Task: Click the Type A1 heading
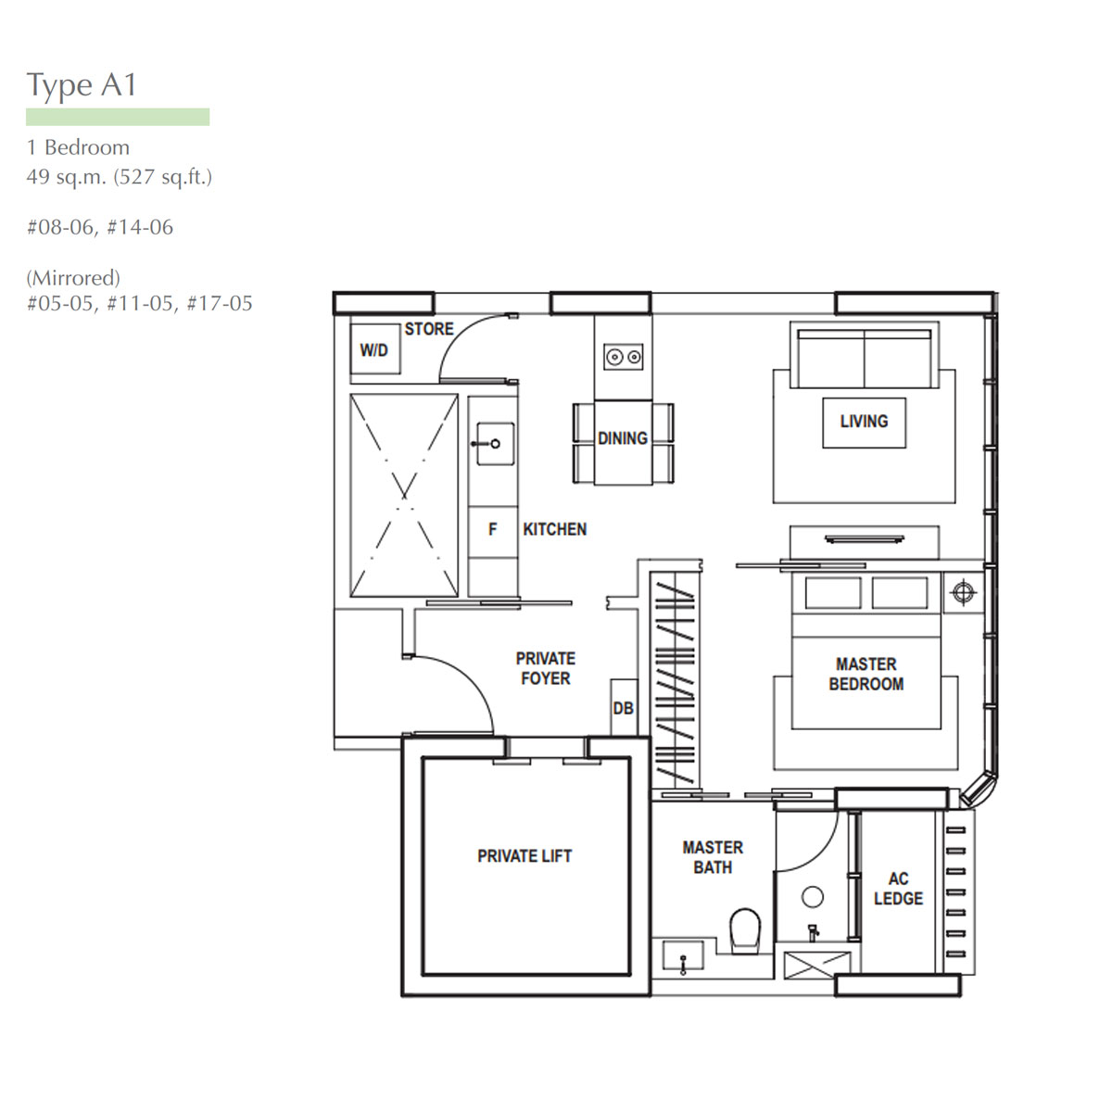(82, 85)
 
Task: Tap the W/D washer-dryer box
(375, 349)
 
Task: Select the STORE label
(429, 329)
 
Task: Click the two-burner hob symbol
(624, 357)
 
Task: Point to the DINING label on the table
(623, 438)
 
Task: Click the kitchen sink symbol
(495, 443)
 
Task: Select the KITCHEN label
(554, 529)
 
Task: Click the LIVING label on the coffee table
(864, 422)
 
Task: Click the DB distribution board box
(624, 707)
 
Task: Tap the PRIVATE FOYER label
(545, 668)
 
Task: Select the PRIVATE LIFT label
(524, 856)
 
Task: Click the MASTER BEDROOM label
(866, 674)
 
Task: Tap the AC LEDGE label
(899, 889)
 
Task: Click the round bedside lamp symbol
(963, 592)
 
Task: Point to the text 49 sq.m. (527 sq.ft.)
(120, 177)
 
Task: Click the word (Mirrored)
(73, 278)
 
